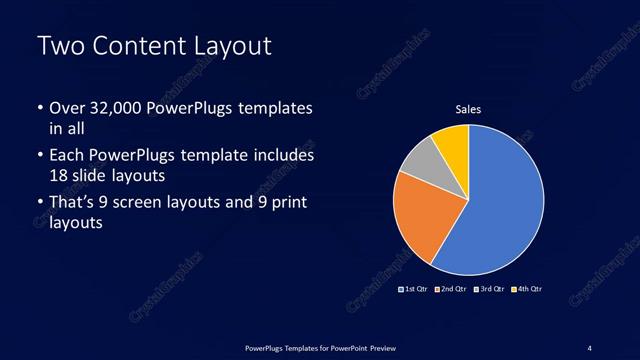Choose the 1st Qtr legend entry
pos(414,289)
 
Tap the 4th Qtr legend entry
pos(527,289)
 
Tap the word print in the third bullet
pos(284,203)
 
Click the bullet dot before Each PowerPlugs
pos(40,156)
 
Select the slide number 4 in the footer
pos(590,348)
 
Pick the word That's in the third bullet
pos(72,203)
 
